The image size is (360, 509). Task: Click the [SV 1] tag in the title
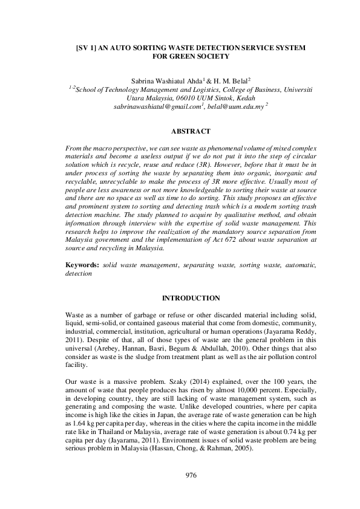[x=87, y=47]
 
